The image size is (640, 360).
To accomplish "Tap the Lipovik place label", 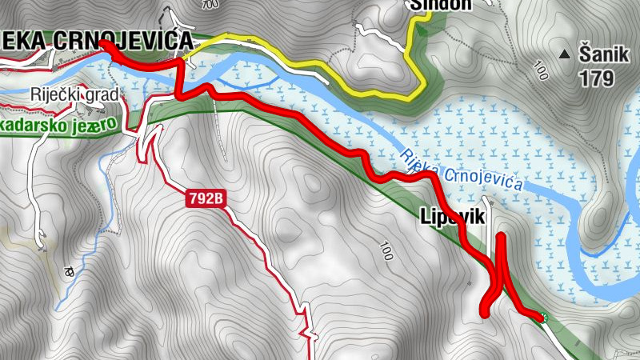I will coord(451,215).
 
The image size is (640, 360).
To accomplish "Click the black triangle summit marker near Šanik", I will coord(566,54).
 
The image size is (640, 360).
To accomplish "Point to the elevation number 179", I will coord(598,78).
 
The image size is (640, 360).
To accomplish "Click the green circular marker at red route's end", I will coord(543,318).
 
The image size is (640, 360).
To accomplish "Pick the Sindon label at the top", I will coord(440,4).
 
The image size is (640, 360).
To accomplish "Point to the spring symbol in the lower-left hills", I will coord(69,270).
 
